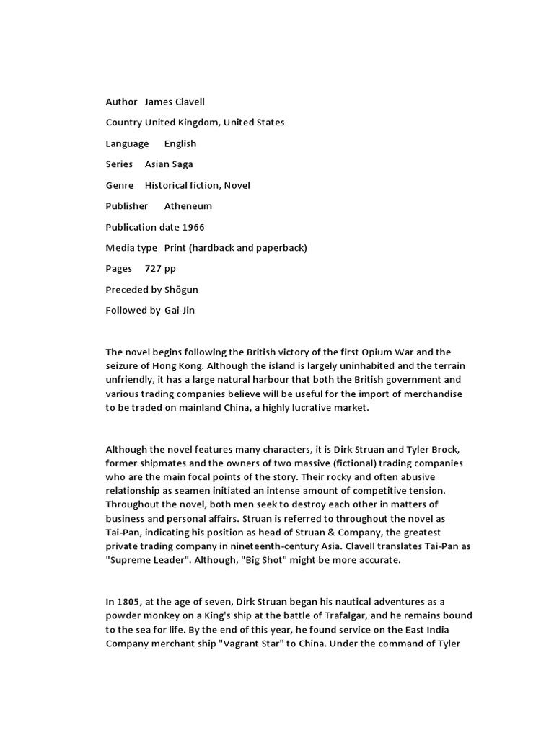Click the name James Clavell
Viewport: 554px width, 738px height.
pyautogui.click(x=180, y=102)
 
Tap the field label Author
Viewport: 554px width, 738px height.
pyautogui.click(x=121, y=102)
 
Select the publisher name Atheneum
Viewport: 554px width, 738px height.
pyautogui.click(x=188, y=206)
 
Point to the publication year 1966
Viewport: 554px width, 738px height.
pyautogui.click(x=193, y=227)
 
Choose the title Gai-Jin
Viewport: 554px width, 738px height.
pyautogui.click(x=180, y=311)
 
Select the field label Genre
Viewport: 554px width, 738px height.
pyautogui.click(x=120, y=185)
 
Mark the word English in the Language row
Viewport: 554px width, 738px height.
pyautogui.click(x=180, y=143)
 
